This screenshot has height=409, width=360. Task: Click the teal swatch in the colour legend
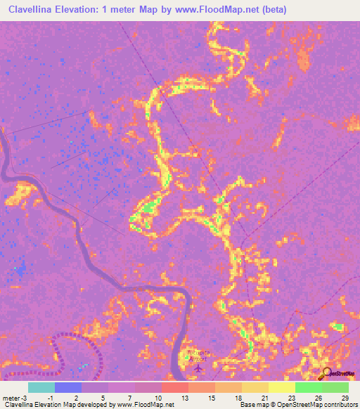[x=41, y=387]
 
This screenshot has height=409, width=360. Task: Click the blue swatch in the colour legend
[x=68, y=387]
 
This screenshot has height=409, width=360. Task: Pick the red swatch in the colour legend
[x=175, y=387]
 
